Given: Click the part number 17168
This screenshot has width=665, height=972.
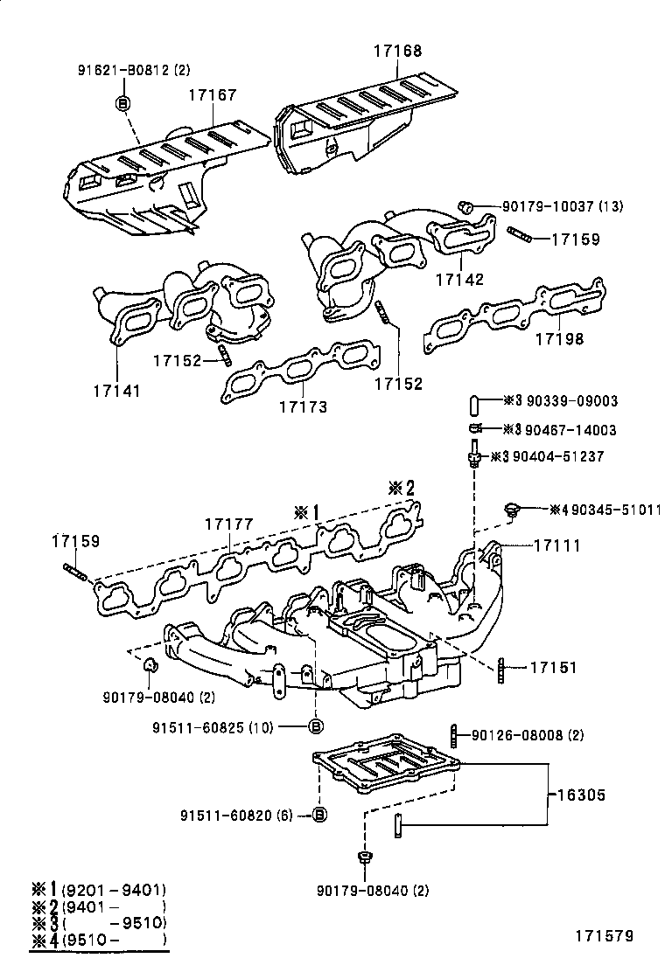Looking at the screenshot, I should [395, 52].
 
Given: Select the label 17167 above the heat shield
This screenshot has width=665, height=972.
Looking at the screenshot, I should [211, 94].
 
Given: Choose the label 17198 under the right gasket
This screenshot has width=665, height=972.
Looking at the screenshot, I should [559, 338].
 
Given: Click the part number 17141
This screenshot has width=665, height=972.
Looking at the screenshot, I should [116, 392].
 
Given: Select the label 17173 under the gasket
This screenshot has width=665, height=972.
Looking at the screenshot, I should [303, 406].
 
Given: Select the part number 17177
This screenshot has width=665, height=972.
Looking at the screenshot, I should [228, 524].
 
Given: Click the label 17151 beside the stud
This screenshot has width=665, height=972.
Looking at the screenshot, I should [553, 668].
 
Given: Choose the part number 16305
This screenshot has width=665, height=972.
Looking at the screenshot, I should [579, 795].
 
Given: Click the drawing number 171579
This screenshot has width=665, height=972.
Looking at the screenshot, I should [603, 937].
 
